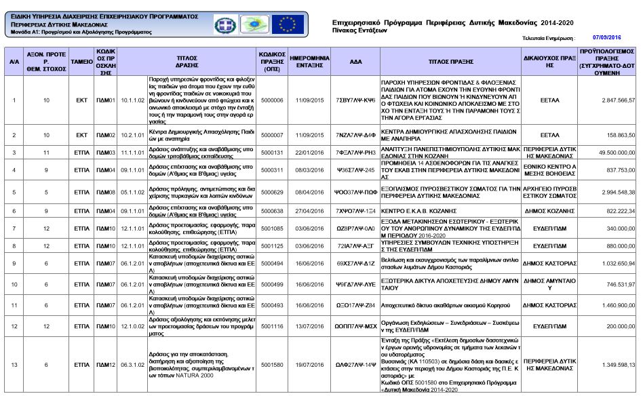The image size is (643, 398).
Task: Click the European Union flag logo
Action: point(288,24)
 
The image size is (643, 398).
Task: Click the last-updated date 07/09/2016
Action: point(606,38)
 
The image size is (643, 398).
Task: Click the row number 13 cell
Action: point(14,365)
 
